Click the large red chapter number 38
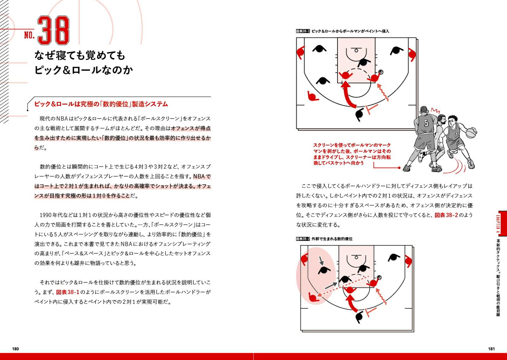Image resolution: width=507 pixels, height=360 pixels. click(53, 31)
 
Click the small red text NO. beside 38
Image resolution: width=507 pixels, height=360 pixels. click(29, 35)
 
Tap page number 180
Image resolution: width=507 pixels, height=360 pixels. click(15, 349)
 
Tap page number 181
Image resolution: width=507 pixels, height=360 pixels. click(491, 349)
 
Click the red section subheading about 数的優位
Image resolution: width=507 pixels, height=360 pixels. click(101, 104)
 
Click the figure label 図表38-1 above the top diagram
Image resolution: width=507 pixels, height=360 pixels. click(303, 31)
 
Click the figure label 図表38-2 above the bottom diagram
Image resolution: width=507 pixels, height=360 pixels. click(303, 239)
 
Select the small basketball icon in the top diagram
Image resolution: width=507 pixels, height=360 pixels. click(381, 72)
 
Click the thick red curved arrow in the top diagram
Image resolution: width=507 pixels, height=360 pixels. click(349, 95)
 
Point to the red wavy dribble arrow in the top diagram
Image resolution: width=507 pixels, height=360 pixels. click(383, 92)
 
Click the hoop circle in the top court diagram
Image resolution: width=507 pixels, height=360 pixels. click(356, 50)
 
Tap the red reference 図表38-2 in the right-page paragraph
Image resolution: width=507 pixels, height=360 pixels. click(446, 215)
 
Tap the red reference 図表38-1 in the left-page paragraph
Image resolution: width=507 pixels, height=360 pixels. click(67, 292)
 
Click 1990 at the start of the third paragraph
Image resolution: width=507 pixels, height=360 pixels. click(46, 215)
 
